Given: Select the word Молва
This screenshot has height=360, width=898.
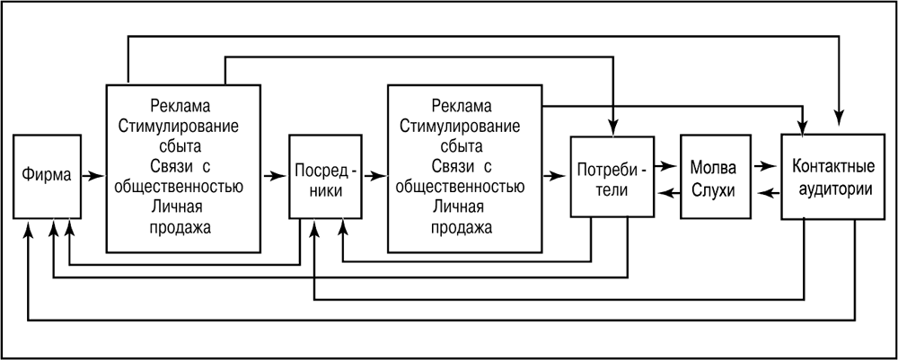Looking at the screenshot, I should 714,168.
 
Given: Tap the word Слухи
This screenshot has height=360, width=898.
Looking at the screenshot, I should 714,191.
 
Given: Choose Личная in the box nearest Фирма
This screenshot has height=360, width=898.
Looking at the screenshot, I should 182,207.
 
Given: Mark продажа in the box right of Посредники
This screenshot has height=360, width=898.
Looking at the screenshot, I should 463,227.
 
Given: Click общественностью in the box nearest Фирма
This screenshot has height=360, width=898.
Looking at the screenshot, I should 182,188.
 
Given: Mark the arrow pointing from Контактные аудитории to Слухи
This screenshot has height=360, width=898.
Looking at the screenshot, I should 766,192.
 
